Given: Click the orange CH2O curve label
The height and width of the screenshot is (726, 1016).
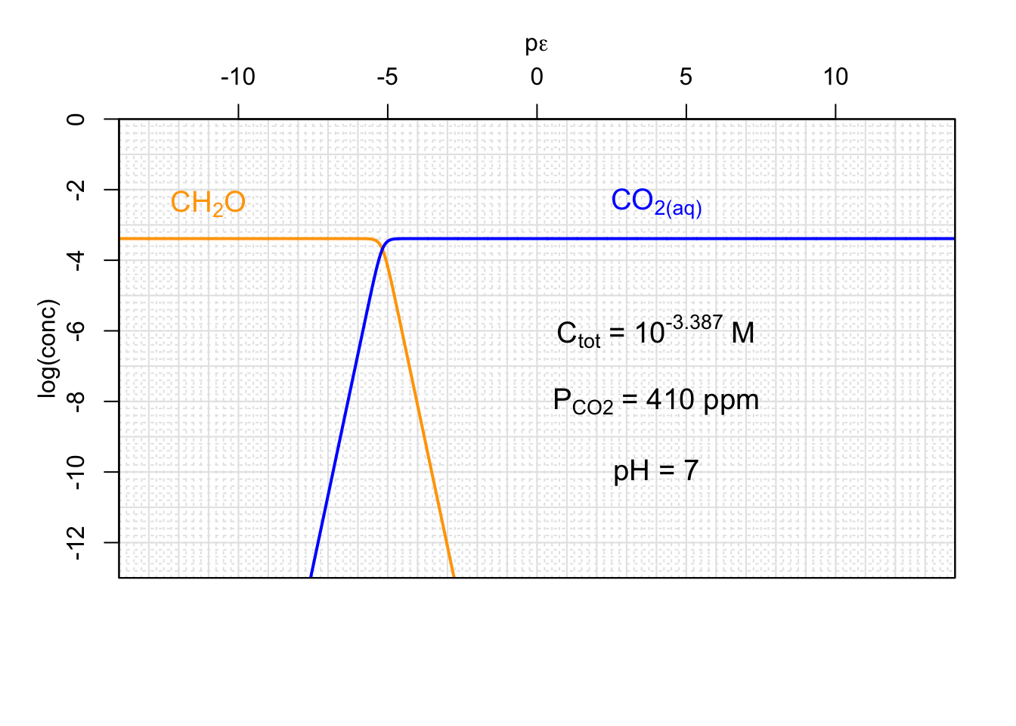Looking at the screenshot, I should coord(208,203).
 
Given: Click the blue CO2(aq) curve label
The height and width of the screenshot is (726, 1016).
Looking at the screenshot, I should coord(656,202).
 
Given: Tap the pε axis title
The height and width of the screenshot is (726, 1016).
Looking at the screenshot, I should coord(536,45).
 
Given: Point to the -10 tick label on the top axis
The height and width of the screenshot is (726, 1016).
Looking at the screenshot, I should coord(237,77).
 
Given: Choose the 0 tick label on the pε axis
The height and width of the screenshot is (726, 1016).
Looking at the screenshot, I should coord(537,77).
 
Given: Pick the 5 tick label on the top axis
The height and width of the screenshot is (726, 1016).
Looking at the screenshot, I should coord(686,77).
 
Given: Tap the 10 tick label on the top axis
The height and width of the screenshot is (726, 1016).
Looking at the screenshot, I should coord(835,77).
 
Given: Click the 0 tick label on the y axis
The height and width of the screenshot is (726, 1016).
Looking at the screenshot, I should coord(76,119).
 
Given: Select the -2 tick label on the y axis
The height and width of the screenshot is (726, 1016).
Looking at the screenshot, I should coord(76,189).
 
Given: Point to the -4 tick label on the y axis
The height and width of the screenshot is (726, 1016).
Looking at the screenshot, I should coord(76,260).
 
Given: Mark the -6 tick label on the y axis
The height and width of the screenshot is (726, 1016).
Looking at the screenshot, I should coord(76,330).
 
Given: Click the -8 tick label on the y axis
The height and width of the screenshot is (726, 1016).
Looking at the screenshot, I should coord(76,401).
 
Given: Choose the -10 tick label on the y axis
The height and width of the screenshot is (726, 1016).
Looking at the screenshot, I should coord(76,472).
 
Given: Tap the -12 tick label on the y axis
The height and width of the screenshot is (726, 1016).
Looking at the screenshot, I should coord(76,542).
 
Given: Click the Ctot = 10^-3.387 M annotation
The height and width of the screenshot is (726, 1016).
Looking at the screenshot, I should coord(655,332).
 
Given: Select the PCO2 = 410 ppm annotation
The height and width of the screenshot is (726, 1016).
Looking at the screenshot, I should coord(655,400).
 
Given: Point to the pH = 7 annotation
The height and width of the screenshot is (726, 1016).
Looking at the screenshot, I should coord(655,470).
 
